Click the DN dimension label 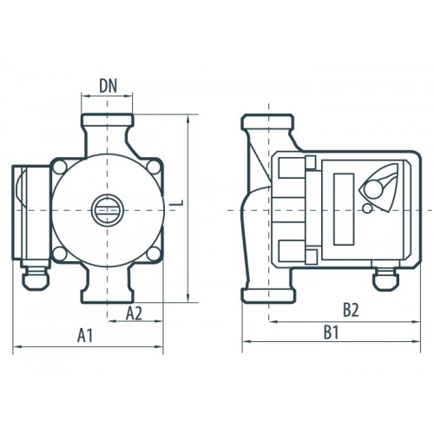108,86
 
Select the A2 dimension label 134,313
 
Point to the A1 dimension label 85,336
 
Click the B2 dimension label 351,311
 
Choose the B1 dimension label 331,332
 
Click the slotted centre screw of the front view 108,210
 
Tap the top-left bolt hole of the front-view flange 60,168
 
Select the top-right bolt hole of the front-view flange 154,168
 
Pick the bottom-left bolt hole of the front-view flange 60,253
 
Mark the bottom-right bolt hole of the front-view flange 154,253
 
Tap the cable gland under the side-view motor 385,278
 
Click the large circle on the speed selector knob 373,189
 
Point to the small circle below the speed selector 367,208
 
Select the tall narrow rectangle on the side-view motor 344,209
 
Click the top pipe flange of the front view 108,120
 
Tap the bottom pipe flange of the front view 108,297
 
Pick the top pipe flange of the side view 268,122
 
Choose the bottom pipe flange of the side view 268,296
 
